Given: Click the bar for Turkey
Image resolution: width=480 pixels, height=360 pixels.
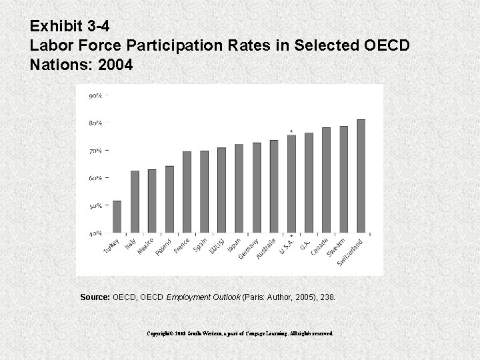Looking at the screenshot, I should click(117, 217).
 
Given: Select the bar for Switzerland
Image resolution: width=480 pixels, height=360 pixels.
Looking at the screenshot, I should click(361, 177).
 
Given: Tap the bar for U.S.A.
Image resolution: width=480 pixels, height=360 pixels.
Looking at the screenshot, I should click(291, 185).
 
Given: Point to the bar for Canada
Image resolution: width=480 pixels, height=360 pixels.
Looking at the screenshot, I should click(326, 181).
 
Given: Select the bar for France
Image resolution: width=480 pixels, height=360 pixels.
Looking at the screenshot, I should click(187, 193).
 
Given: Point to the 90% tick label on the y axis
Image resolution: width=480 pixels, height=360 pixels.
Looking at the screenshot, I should click(95, 95).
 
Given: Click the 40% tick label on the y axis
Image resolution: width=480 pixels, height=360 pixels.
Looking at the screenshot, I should click(95, 234).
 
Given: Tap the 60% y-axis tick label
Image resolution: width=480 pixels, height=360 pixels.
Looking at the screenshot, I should click(95, 179).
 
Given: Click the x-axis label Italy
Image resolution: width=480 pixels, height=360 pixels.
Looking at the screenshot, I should click(131, 245).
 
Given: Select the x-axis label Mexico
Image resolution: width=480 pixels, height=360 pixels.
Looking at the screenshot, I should click(146, 247).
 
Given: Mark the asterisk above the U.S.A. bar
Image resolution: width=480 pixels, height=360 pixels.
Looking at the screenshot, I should click(291, 131).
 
